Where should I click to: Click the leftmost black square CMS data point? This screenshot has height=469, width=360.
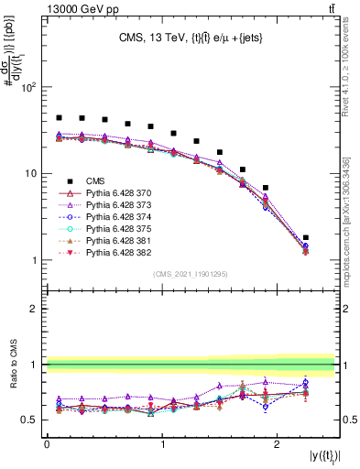coord(59,117)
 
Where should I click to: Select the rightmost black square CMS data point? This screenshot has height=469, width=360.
coord(305,237)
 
